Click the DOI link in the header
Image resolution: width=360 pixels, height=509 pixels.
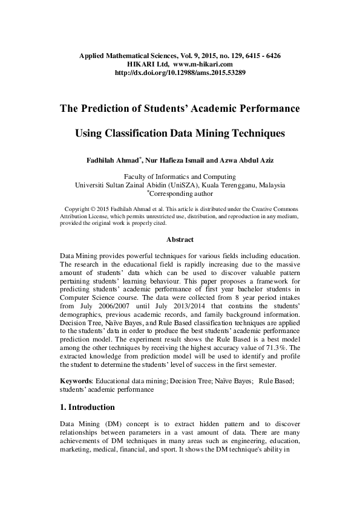point(180,73)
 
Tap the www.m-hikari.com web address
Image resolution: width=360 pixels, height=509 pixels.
point(203,64)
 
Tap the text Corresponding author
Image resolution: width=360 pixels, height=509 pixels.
point(182,195)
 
